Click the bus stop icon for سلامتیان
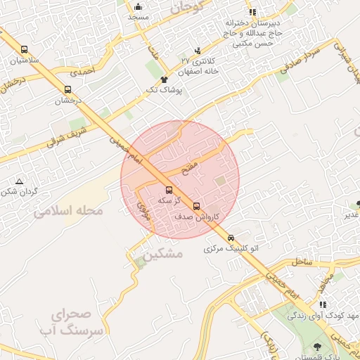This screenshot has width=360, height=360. point(25,50)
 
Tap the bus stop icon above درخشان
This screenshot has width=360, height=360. point(67,89)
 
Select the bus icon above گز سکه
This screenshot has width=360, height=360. point(168,190)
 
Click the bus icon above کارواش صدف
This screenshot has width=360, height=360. point(197,207)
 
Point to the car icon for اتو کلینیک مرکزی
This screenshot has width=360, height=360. point(231,238)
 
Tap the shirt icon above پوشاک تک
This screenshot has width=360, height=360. point(164,79)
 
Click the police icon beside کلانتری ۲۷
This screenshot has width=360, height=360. point(197,50)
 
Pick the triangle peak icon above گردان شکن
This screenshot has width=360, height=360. point(19,181)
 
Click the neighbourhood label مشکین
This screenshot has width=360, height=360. point(161,253)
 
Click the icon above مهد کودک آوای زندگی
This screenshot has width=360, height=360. point(322,304)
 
